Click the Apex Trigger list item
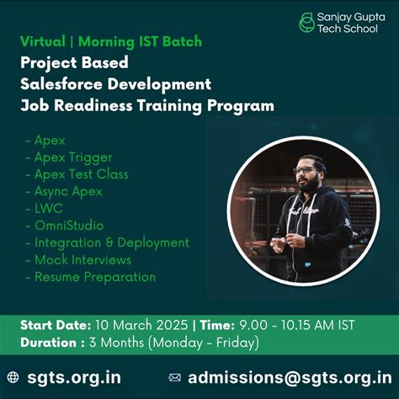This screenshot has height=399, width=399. [72, 157]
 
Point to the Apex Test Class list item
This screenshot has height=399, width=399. [81, 173]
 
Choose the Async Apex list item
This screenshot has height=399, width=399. [68, 191]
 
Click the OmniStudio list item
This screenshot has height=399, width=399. [69, 225]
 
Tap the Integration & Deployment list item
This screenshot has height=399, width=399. [111, 242]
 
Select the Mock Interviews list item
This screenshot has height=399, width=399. [82, 259]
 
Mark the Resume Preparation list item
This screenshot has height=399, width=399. [94, 276]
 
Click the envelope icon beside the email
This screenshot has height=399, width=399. [175, 377]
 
